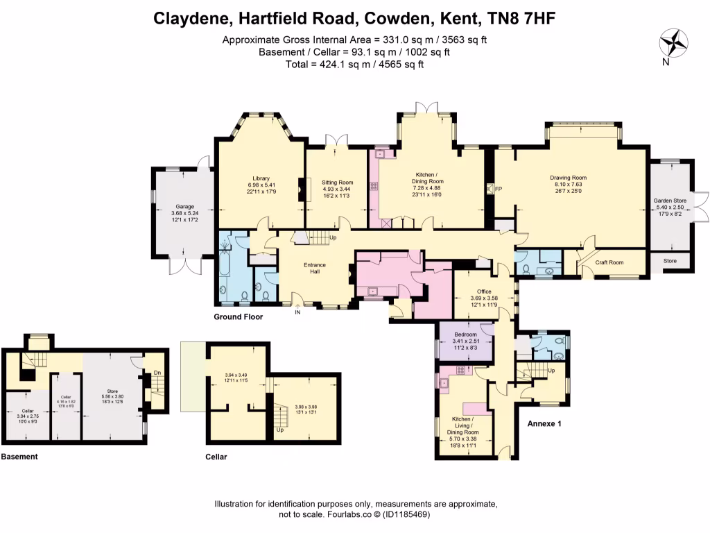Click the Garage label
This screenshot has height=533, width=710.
[183, 206]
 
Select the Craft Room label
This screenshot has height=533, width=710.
[609, 262]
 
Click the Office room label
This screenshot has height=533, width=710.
[483, 291]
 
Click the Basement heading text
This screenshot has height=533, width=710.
[19, 457]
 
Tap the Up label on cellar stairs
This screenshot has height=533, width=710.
[279, 430]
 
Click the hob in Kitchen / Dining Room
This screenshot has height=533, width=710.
[374, 186]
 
